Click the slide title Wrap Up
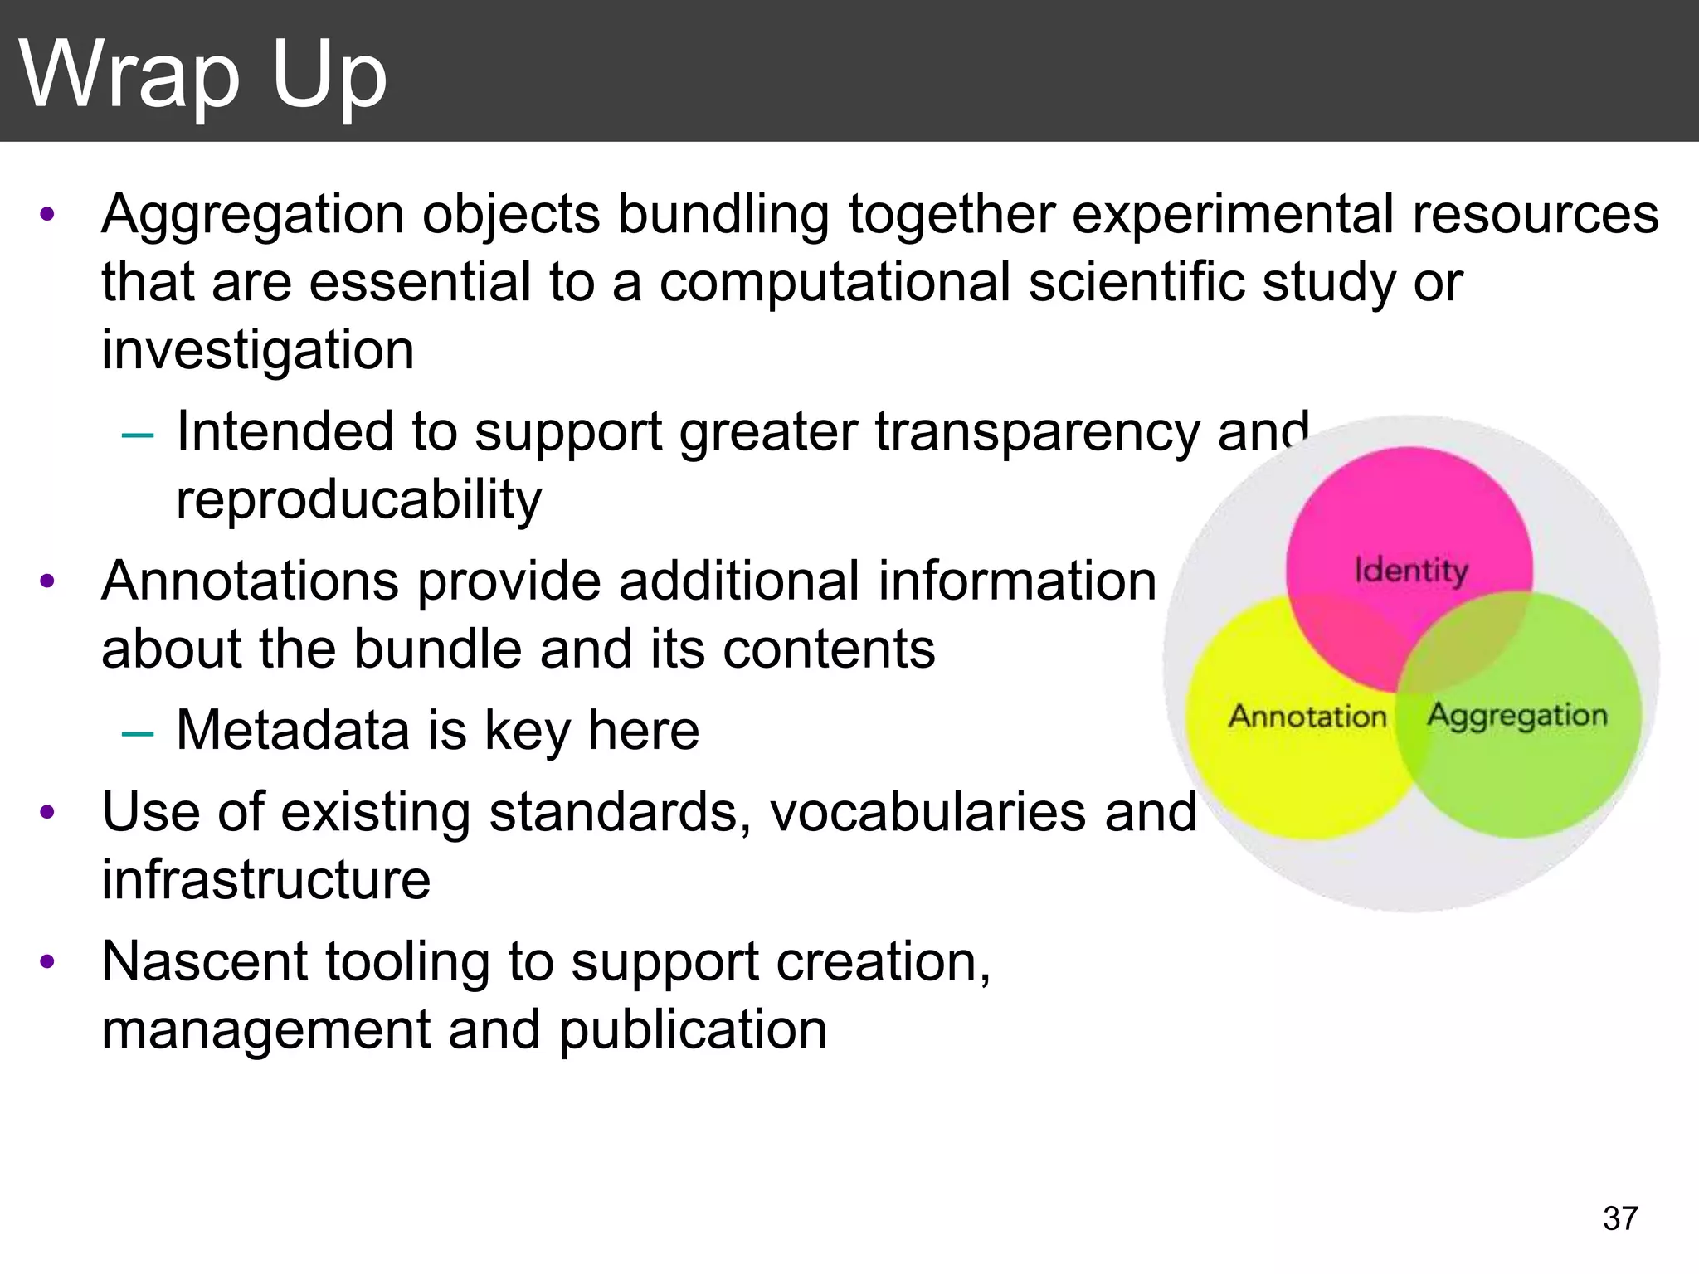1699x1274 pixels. [203, 75]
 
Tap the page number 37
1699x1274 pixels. [1620, 1218]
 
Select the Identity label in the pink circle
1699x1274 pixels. [1411, 571]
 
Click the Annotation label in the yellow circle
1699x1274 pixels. [1307, 716]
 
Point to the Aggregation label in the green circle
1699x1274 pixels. [1517, 715]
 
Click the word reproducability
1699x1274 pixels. [358, 500]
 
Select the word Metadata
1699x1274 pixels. [293, 730]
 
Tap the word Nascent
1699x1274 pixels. [204, 961]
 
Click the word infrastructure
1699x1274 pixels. [265, 879]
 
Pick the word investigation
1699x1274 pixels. [257, 350]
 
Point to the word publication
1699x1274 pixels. [693, 1029]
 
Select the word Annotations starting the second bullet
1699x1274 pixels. [250, 581]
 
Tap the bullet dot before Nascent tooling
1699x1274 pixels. [47, 962]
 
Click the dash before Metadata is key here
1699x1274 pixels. [137, 732]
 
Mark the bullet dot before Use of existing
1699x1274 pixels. [47, 812]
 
